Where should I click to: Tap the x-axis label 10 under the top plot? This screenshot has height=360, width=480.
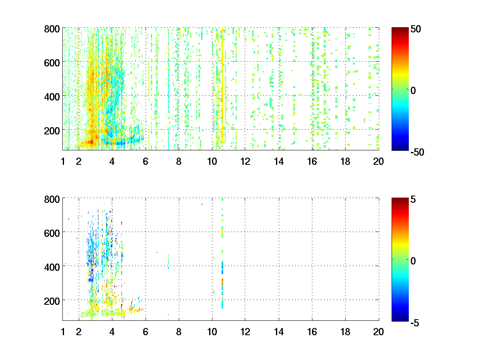tap(212, 162)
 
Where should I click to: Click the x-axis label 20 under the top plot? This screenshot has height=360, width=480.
tap(378, 162)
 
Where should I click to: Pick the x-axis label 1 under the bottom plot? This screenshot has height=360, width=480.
tap(63, 332)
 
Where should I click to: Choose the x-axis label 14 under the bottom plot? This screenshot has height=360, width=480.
tap(278, 332)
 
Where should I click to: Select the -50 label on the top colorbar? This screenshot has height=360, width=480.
tap(417, 152)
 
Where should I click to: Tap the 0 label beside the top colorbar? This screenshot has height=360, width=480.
tap(414, 91)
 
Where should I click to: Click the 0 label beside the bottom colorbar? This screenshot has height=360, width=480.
tap(414, 261)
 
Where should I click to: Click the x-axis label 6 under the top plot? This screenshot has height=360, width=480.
tap(145, 162)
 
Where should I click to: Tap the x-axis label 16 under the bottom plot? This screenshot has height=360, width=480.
tap(312, 332)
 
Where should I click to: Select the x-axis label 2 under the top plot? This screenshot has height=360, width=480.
tap(79, 162)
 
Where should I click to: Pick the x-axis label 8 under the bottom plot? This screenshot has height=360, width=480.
tap(178, 332)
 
